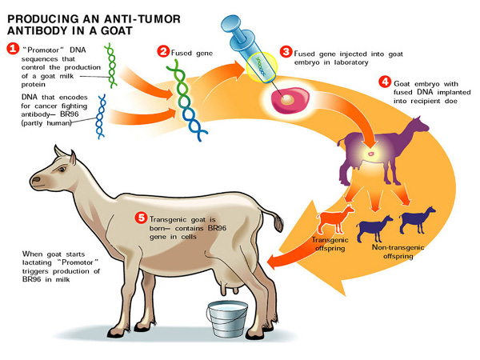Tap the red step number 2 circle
pos(163,52)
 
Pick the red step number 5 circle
pos(142,216)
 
